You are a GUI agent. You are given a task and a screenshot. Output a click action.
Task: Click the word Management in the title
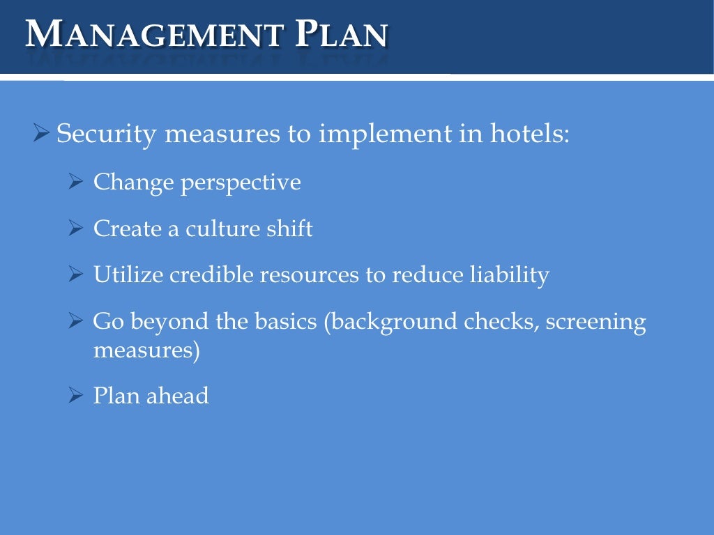pyautogui.click(x=155, y=33)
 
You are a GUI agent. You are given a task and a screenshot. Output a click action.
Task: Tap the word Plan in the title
pyautogui.click(x=341, y=33)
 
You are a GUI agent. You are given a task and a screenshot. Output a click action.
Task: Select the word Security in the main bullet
pyautogui.click(x=106, y=133)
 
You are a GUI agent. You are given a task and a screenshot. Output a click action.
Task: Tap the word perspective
pyautogui.click(x=241, y=183)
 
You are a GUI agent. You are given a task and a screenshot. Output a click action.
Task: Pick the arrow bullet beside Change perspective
pyautogui.click(x=76, y=183)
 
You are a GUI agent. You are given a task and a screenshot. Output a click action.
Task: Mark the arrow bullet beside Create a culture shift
pyautogui.click(x=76, y=228)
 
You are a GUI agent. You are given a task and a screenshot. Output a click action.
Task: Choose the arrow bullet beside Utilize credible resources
pyautogui.click(x=76, y=275)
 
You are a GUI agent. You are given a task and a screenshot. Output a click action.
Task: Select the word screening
pyautogui.click(x=596, y=323)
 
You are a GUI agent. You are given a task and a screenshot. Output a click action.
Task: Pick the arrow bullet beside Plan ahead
pyautogui.click(x=76, y=396)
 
